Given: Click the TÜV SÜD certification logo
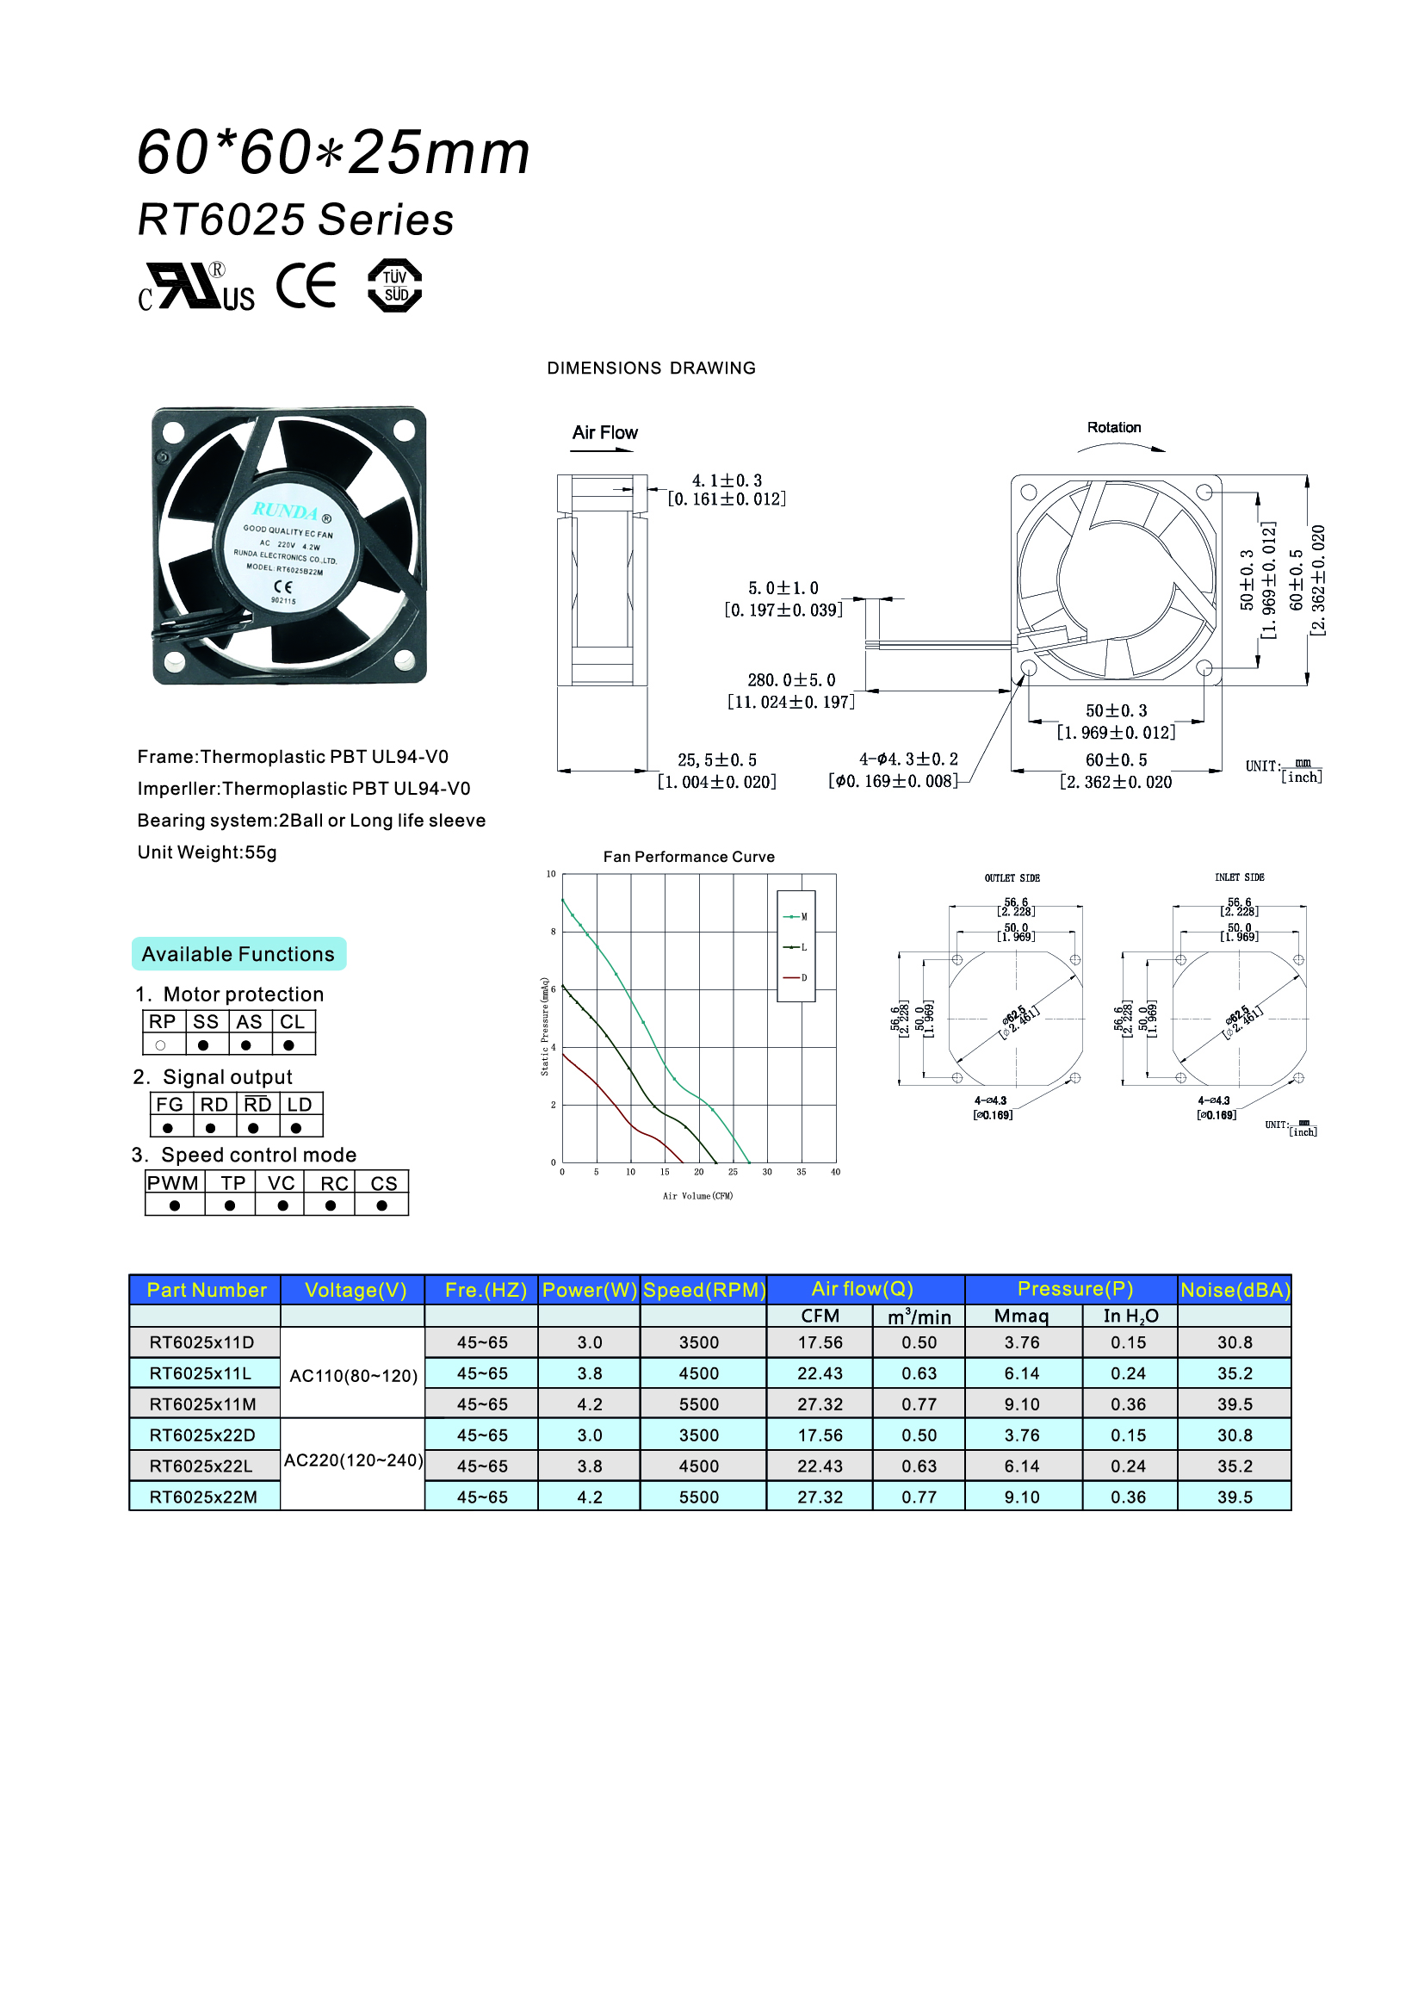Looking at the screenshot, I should pyautogui.click(x=394, y=286).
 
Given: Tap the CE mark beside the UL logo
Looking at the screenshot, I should pyautogui.click(x=306, y=286).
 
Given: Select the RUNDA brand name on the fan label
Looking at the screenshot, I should pyautogui.click(x=285, y=511).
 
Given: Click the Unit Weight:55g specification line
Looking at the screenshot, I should pyautogui.click(x=207, y=852).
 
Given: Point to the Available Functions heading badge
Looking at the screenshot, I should pyautogui.click(x=238, y=954).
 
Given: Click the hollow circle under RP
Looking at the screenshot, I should pyautogui.click(x=160, y=1045).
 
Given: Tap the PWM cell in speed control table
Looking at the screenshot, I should pyautogui.click(x=173, y=1183).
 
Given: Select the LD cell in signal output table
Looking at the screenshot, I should pyautogui.click(x=300, y=1105).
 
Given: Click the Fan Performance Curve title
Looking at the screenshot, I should pyautogui.click(x=689, y=857).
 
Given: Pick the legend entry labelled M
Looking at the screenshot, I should pyautogui.click(x=796, y=917).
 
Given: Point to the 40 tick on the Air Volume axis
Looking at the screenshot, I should pyautogui.click(x=836, y=1172).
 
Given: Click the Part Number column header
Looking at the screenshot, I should pyautogui.click(x=206, y=1290).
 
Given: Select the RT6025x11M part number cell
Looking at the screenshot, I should pyautogui.click(x=203, y=1404).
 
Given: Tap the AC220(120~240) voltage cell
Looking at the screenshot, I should pyautogui.click(x=353, y=1460).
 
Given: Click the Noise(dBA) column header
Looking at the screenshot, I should pyautogui.click(x=1235, y=1290).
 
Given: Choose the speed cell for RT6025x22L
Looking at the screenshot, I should pyautogui.click(x=699, y=1466).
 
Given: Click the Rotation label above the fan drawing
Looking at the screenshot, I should pyautogui.click(x=1113, y=428).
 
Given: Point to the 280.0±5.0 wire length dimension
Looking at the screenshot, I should pyautogui.click(x=791, y=681).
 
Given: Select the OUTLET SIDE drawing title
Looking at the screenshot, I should pyautogui.click(x=1012, y=878).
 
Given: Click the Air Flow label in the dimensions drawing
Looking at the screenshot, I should pyautogui.click(x=605, y=433).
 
